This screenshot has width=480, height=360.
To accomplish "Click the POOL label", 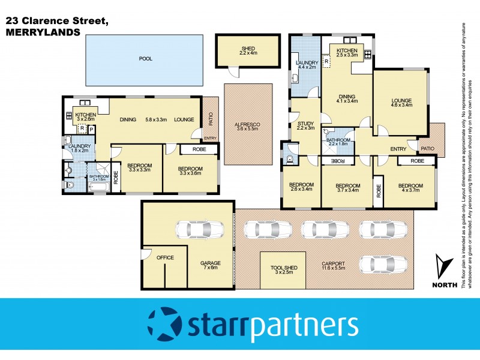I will (145, 59).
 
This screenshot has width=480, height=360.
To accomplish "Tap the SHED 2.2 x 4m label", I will (248, 51).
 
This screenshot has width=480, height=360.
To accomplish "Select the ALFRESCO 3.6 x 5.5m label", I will (247, 126).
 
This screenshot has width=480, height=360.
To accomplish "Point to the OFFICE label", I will (165, 257).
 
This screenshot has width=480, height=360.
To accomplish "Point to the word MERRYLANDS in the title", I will (42, 33).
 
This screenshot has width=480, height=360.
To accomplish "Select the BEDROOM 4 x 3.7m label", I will (415, 187).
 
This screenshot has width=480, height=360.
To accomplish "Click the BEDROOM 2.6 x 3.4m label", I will (302, 187).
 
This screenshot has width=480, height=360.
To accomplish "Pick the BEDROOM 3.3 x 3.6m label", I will (191, 172).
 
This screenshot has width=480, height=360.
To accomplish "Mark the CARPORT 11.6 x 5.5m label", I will (337, 266).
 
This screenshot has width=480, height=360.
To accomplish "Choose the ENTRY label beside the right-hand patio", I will (398, 148).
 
